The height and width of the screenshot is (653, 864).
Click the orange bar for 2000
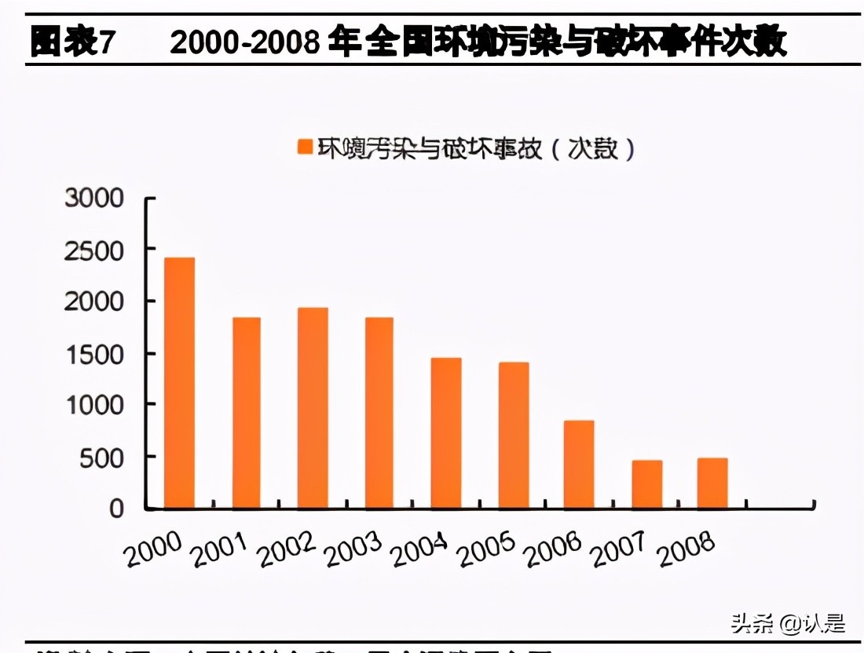179,382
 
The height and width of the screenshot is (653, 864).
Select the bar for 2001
246,412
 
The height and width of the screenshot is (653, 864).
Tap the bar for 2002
313,407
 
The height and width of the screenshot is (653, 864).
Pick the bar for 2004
446,432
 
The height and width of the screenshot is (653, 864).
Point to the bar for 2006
579,464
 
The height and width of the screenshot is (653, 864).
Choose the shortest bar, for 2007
646,483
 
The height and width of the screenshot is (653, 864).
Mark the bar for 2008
712,483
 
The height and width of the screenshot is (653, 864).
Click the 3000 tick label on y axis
94,198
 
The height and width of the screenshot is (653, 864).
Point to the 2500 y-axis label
94,250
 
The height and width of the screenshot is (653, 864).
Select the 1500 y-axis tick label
94,354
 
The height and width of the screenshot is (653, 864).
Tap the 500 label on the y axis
102,458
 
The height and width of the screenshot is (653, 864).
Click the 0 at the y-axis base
116,509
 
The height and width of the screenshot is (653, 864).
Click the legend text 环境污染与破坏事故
429,148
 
